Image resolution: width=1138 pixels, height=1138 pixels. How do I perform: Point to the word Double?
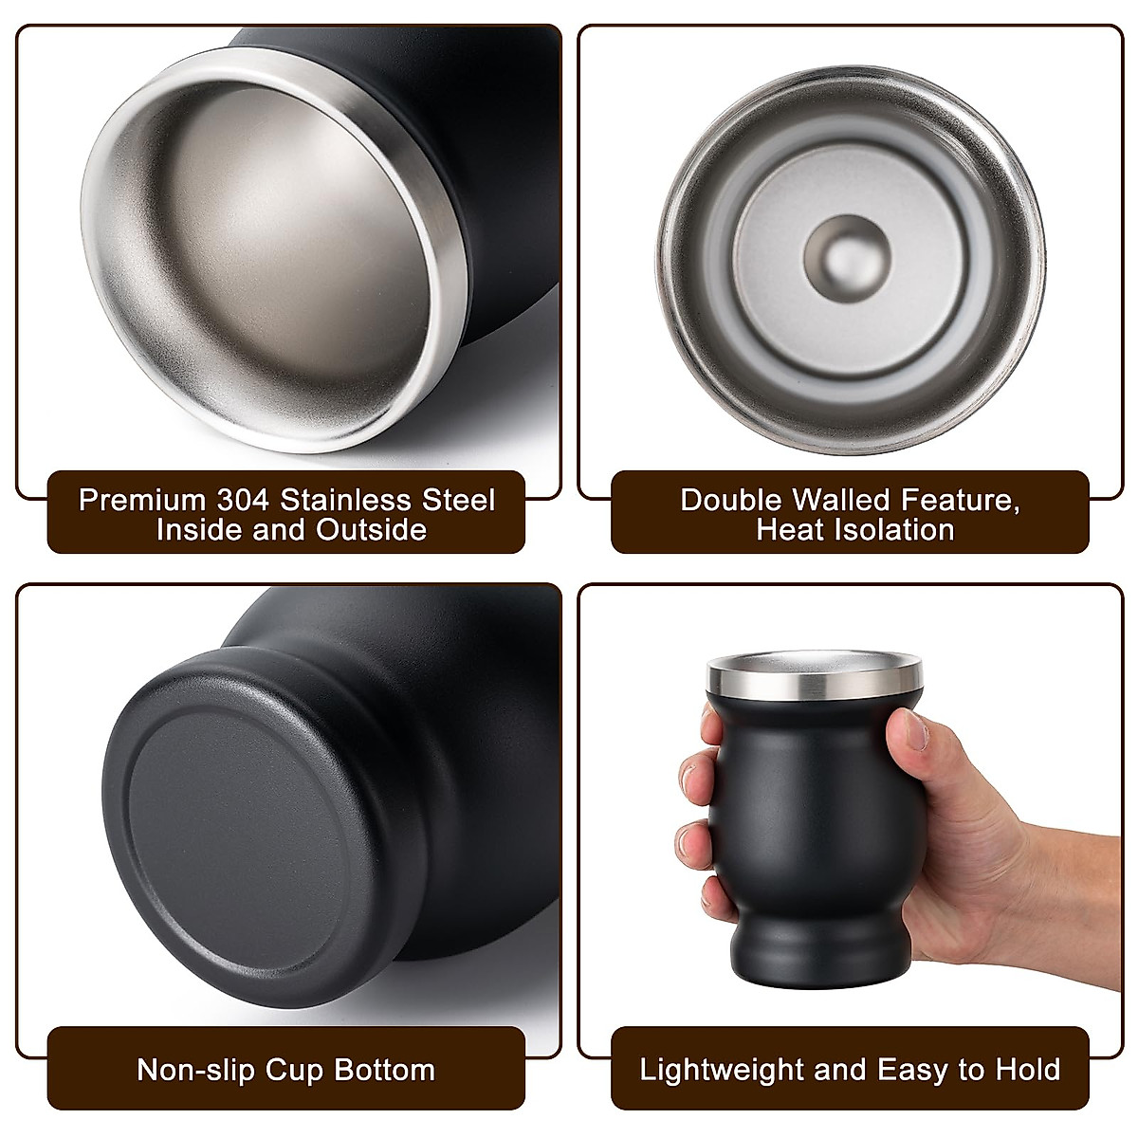click(730, 500)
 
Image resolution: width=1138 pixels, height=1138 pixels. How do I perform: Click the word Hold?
click(1027, 1070)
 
